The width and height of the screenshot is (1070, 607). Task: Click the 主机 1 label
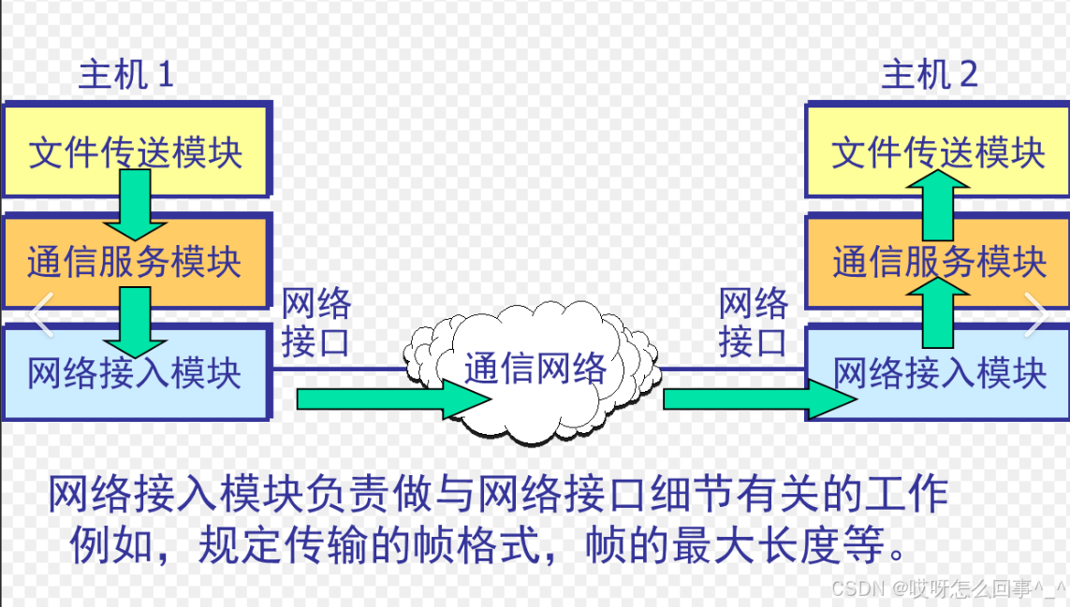click(125, 74)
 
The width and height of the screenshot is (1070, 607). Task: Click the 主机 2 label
click(929, 74)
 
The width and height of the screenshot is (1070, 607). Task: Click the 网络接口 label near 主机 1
click(316, 323)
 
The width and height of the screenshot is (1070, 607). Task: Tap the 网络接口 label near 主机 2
click(754, 323)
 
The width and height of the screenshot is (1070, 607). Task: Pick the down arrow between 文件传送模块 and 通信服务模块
click(136, 206)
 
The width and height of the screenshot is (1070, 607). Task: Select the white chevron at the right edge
click(1036, 314)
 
